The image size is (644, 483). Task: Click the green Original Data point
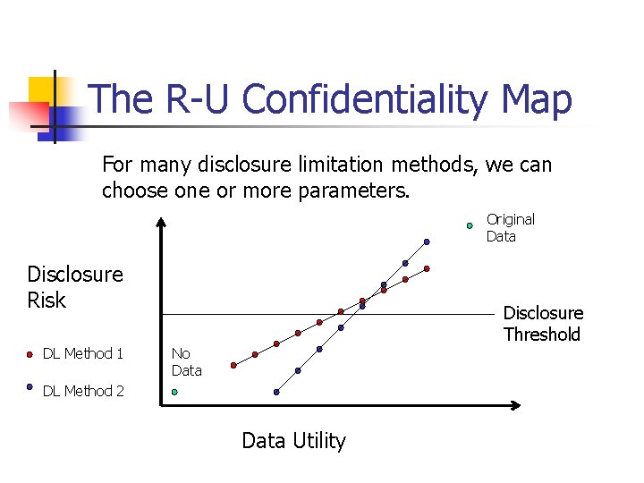[470, 226]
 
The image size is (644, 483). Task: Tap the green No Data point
[174, 392]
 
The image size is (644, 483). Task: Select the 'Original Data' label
[510, 227]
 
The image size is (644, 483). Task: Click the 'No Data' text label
[186, 361]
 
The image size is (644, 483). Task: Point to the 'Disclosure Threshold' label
[542, 323]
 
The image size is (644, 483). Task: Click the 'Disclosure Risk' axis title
[75, 286]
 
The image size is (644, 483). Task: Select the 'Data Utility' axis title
[293, 440]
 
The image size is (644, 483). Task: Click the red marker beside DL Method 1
[30, 353]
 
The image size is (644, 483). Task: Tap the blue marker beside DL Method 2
[30, 388]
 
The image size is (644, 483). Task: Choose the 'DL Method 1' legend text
[83, 353]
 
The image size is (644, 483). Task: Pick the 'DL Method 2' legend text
[83, 391]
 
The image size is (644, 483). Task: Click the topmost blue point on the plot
[427, 241]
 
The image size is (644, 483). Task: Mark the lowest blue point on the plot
[276, 392]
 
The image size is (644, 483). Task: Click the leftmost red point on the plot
[233, 365]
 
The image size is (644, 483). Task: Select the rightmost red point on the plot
[427, 268]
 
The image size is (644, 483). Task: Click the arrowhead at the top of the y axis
[160, 223]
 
